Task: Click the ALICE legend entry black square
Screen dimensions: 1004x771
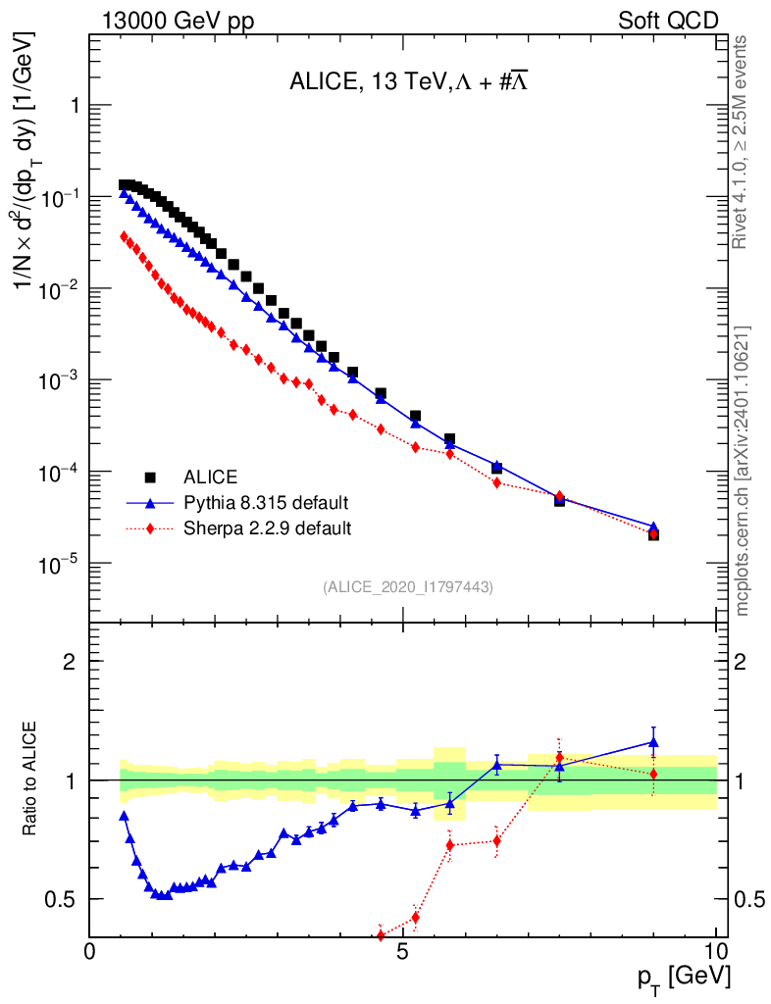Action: (151, 477)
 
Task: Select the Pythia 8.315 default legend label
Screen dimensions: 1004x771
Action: (266, 503)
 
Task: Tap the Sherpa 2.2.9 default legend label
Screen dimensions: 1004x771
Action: (268, 528)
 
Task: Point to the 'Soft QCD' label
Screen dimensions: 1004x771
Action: (668, 19)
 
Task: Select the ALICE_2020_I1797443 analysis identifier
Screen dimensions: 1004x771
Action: (407, 586)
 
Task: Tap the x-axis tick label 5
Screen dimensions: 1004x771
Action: (403, 952)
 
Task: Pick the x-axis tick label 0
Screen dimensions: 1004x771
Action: (90, 952)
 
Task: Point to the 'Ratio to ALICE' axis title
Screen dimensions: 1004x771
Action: (32, 779)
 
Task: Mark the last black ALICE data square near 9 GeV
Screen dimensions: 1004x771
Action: (653, 534)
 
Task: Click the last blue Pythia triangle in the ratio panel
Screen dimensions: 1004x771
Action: (653, 742)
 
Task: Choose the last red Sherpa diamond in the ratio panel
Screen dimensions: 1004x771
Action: (653, 775)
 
